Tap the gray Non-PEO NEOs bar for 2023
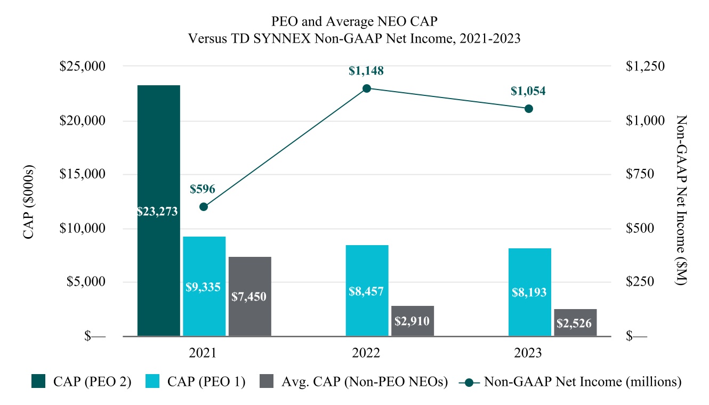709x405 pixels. coord(575,322)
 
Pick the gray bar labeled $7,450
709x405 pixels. coord(249,296)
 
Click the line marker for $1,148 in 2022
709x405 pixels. coord(367,88)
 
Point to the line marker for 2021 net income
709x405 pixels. coord(203,207)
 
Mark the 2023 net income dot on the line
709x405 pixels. coord(528,109)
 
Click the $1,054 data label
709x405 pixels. coord(528,91)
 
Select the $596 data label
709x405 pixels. coord(203,189)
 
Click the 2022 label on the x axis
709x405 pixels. coord(366,353)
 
